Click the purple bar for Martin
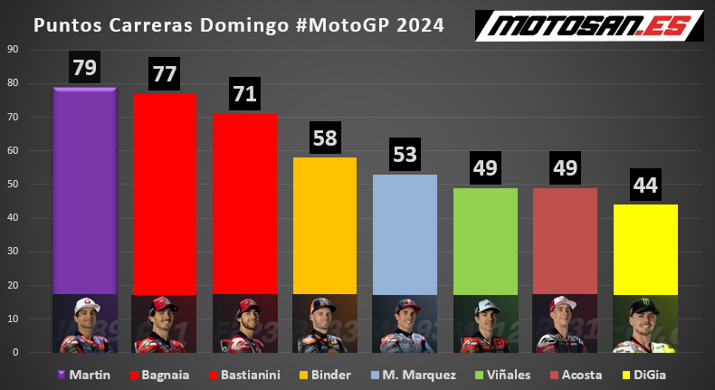click(x=85, y=190)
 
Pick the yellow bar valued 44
click(x=645, y=248)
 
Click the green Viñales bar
click(x=485, y=240)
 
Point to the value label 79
click(x=85, y=68)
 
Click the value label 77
click(x=165, y=74)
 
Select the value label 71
click(x=244, y=94)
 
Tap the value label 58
click(x=325, y=138)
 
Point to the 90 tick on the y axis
click(x=14, y=50)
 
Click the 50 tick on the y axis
click(x=14, y=185)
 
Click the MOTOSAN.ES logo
click(x=590, y=24)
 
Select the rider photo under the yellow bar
click(x=645, y=323)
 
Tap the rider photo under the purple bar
click(x=85, y=323)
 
